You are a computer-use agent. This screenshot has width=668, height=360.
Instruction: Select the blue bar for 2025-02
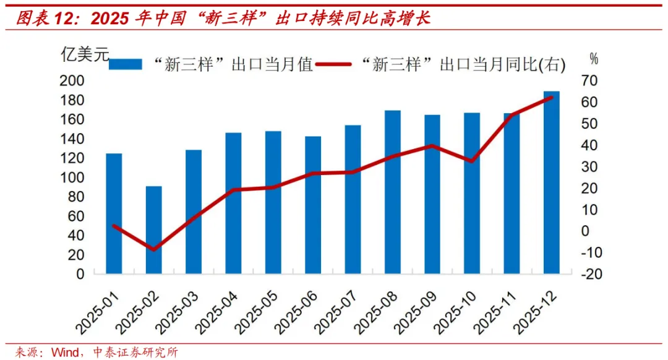click(154, 229)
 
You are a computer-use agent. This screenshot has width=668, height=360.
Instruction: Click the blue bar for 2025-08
click(393, 192)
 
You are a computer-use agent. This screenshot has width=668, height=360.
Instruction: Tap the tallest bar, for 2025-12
click(552, 182)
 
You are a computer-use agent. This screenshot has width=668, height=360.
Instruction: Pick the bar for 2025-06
click(313, 205)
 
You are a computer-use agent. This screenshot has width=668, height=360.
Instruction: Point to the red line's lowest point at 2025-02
click(154, 249)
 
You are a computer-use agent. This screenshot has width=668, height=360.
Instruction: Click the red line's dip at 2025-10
click(472, 161)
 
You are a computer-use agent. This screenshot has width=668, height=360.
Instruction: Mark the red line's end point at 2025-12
click(551, 97)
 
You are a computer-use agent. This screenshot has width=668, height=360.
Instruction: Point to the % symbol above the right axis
click(594, 59)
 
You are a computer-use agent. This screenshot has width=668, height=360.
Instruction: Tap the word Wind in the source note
click(64, 353)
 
